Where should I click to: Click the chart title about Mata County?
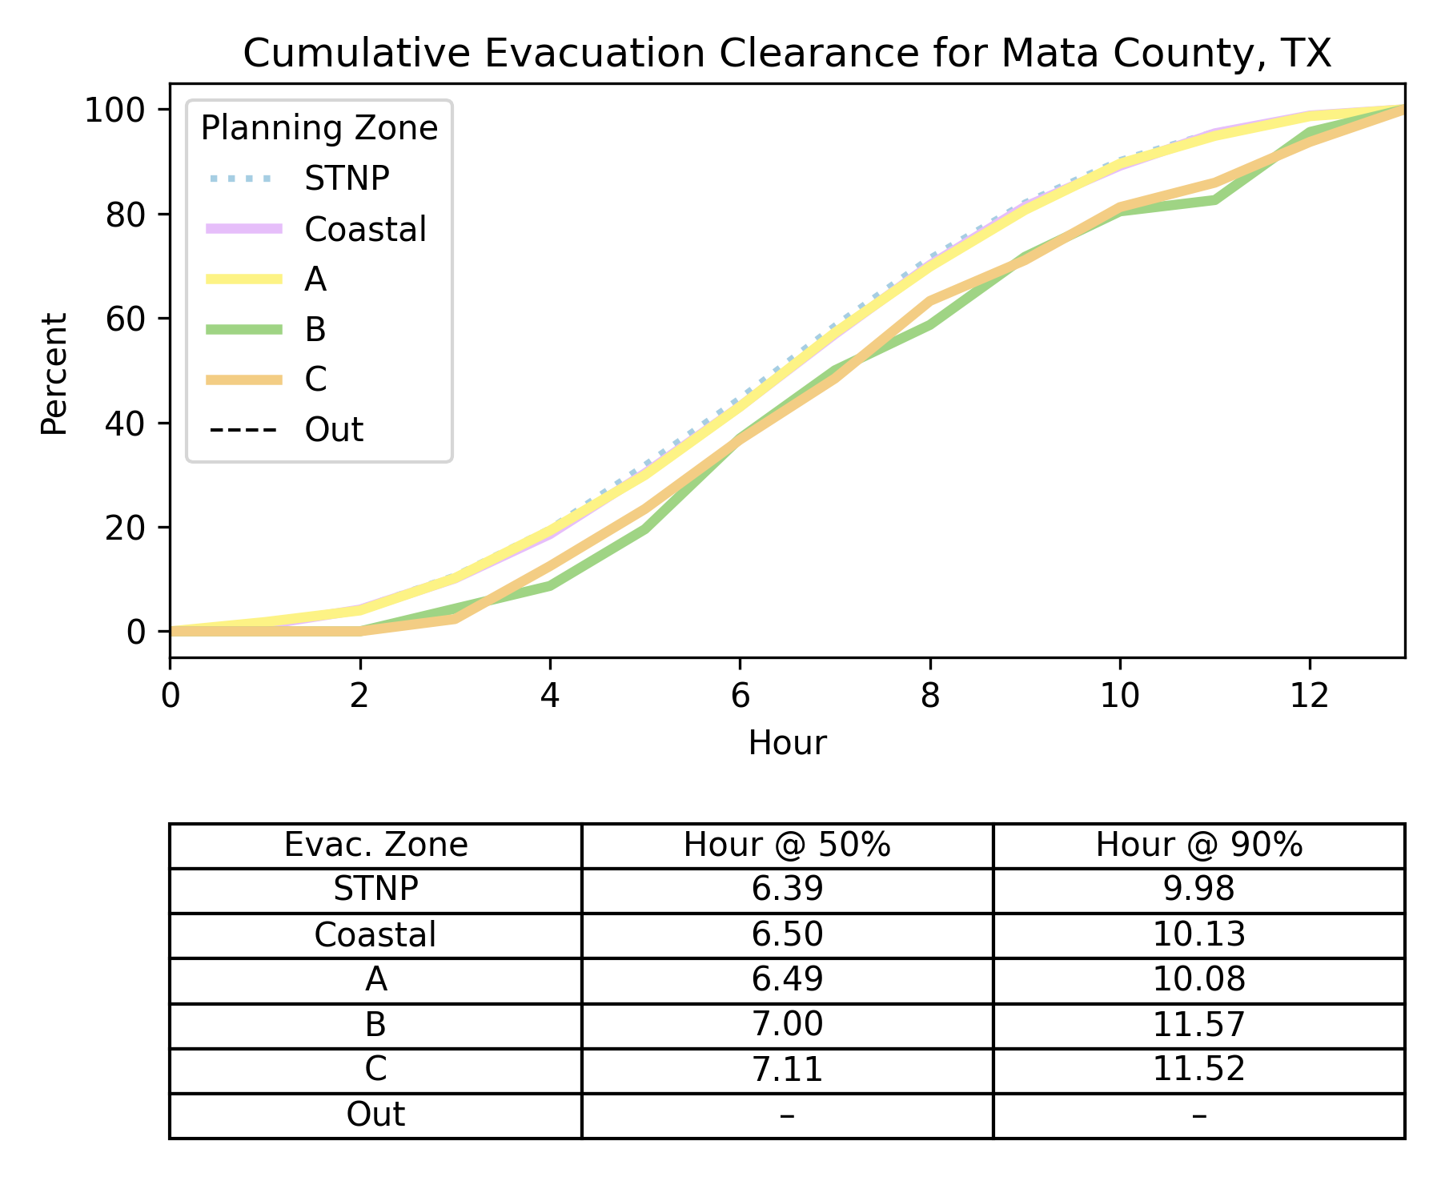coord(787,54)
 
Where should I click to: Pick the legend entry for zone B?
coord(315,329)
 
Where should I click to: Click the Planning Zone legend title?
coord(319,128)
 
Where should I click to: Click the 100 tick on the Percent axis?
coord(115,110)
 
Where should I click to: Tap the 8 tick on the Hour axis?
coord(929,697)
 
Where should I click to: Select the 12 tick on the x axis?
coord(1310,697)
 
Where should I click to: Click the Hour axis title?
coord(787,743)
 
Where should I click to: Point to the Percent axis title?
coord(54,374)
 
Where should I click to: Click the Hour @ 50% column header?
coord(787,846)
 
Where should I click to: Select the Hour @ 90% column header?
coord(1198,846)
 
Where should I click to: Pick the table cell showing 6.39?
coord(787,890)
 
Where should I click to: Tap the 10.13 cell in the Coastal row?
coord(1198,934)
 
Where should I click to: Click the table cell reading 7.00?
coord(787,1025)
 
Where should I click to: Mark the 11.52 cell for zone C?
coord(1198,1070)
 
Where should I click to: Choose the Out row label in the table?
coord(375,1115)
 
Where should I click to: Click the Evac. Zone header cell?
coord(375,846)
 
